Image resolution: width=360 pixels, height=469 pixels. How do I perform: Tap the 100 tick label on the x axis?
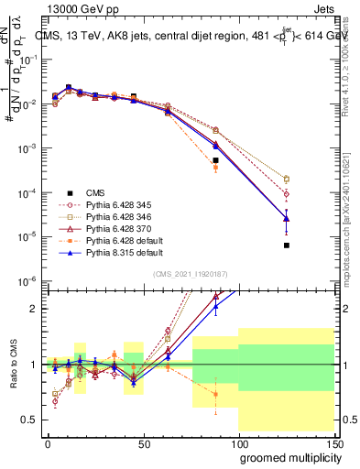tap(238, 442)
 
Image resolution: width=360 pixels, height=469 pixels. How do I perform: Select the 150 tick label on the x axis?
tap(333, 442)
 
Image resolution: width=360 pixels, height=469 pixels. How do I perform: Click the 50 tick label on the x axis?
tap(143, 442)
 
